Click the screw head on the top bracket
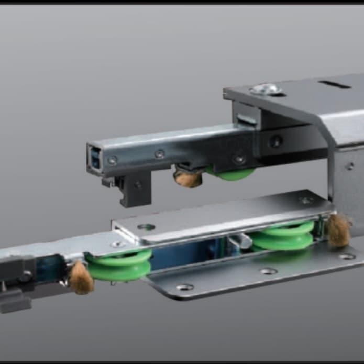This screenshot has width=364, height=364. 266,90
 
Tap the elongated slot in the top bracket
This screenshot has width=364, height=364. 335,83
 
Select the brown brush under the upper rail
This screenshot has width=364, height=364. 188,178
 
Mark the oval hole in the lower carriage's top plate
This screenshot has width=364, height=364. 146,227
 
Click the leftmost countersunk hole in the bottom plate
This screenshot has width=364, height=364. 184,287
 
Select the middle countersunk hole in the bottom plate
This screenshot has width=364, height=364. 268,271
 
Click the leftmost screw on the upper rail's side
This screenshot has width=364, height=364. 112,160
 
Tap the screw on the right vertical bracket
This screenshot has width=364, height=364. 349,166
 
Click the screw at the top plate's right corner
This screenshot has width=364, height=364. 306,200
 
